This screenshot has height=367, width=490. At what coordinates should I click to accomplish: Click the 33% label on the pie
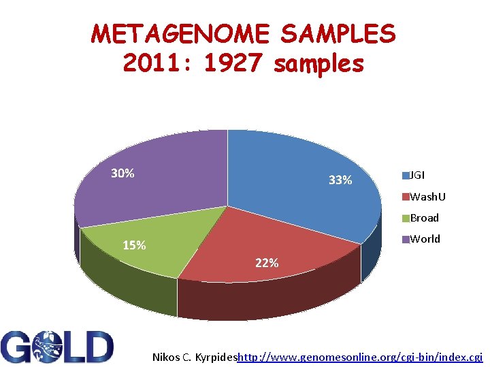click(340, 180)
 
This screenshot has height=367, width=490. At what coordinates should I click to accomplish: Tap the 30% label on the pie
click(122, 173)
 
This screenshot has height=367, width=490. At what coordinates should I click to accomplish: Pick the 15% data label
click(134, 245)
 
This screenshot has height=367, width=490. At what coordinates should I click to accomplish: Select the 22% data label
click(267, 263)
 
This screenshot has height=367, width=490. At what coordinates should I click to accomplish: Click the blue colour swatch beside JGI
click(406, 175)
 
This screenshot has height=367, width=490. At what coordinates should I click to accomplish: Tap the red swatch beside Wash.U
click(406, 197)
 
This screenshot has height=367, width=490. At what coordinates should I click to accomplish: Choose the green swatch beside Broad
click(406, 218)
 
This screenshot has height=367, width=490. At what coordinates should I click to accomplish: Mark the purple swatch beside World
click(406, 239)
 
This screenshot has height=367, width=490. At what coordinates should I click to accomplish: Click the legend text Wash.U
click(428, 197)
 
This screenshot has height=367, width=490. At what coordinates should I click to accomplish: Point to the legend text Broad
click(425, 218)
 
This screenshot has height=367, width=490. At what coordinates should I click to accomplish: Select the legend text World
click(425, 239)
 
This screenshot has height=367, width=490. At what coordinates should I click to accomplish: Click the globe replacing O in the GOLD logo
click(48, 347)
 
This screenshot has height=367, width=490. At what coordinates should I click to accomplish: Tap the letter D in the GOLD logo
click(97, 347)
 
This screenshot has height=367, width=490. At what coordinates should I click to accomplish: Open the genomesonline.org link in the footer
click(359, 357)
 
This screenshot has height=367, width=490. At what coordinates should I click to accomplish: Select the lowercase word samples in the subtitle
click(319, 64)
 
